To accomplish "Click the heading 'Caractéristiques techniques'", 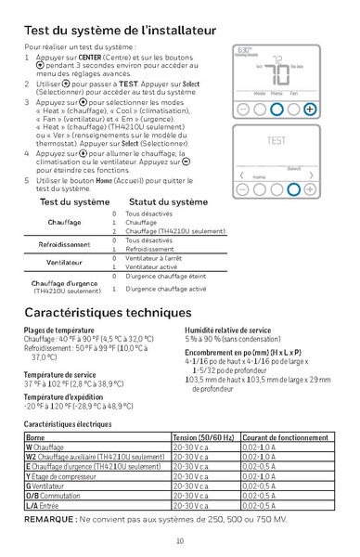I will pyautogui.click(x=112, y=314).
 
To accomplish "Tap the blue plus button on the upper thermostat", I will pyautogui.click(x=310, y=109).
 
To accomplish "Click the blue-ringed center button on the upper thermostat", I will pyautogui.click(x=276, y=109).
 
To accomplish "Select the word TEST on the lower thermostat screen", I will pyautogui.click(x=276, y=141).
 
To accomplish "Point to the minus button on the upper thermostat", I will pyautogui.click(x=242, y=109).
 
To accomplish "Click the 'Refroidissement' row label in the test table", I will pyautogui.click(x=64, y=244).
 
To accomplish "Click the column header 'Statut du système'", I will pyautogui.click(x=168, y=201).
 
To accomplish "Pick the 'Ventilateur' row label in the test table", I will pyautogui.click(x=64, y=262).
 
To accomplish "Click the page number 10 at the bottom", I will pyautogui.click(x=179, y=541).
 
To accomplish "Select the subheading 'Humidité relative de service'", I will pyautogui.click(x=227, y=330).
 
